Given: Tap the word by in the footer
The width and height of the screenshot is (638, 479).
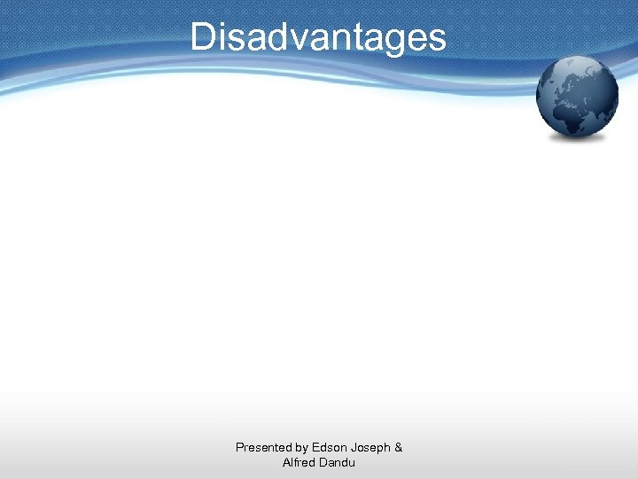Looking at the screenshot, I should (303, 448).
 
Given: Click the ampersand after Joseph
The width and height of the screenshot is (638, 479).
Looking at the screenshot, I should (399, 448).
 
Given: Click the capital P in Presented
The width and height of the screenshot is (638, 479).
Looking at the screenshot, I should (239, 448).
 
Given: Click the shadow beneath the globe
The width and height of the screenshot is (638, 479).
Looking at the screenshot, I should (578, 140).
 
